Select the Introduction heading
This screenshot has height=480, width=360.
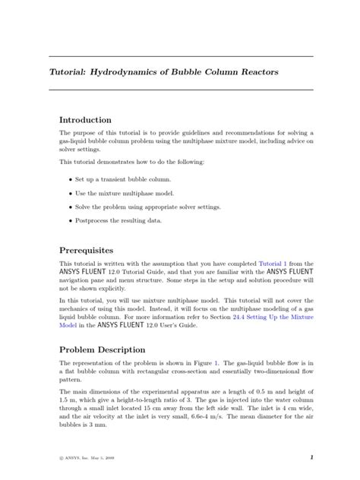click(x=86, y=120)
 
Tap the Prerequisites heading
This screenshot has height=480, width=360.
click(x=87, y=250)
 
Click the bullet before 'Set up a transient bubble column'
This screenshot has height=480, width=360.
click(x=71, y=179)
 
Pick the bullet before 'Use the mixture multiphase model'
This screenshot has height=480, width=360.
click(x=71, y=193)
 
